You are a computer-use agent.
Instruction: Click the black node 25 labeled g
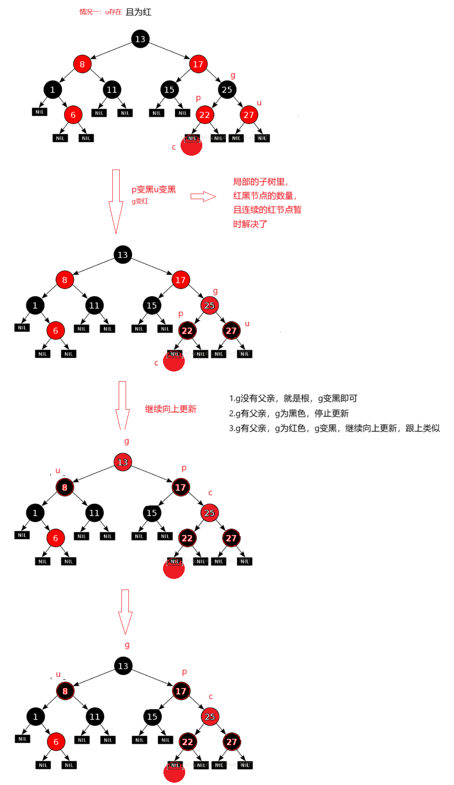coord(227,90)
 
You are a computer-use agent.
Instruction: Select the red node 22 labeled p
coord(205,115)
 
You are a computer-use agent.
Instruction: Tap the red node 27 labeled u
coord(248,115)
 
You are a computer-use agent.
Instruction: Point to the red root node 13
coord(123,462)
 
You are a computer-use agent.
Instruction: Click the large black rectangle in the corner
coord(395,79)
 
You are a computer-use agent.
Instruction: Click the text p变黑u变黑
coord(154,189)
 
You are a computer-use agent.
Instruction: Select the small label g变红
coord(140,201)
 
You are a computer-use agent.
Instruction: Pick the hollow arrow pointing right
coord(203,196)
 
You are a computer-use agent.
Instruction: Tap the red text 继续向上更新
coord(171,409)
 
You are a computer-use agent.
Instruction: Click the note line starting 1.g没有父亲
coord(293,398)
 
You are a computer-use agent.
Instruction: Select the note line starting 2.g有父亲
coord(289,413)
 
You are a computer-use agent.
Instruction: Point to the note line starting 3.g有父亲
coord(334,428)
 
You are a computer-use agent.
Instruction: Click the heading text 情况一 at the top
coord(115,12)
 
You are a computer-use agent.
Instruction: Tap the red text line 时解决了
coord(250,224)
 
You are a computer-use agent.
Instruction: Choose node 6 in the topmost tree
coord(73,115)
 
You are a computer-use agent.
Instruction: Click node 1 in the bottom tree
coord(36,717)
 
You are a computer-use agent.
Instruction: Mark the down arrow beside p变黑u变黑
coord(116,201)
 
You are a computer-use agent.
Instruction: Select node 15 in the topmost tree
coord(169,90)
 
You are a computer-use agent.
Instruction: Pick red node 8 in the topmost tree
coord(82,64)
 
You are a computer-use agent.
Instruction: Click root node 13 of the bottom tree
coord(123,666)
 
